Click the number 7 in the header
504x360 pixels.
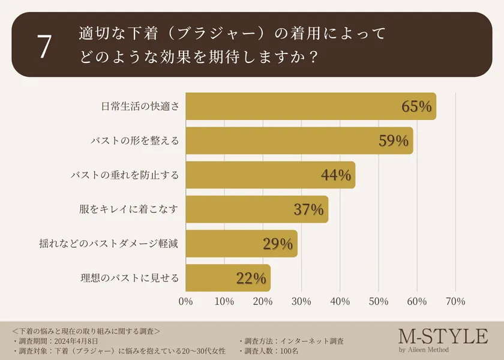(x=44, y=47)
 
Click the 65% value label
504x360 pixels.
(x=416, y=107)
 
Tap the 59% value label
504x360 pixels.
(x=394, y=141)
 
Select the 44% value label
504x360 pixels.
(x=336, y=175)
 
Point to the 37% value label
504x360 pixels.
(x=308, y=209)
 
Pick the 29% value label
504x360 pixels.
(x=278, y=244)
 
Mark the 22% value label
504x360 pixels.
(x=251, y=278)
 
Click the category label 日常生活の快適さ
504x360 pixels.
(x=140, y=107)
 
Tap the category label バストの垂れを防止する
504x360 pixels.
(x=125, y=175)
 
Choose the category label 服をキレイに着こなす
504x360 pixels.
(x=129, y=209)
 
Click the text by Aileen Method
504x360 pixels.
(x=423, y=350)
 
